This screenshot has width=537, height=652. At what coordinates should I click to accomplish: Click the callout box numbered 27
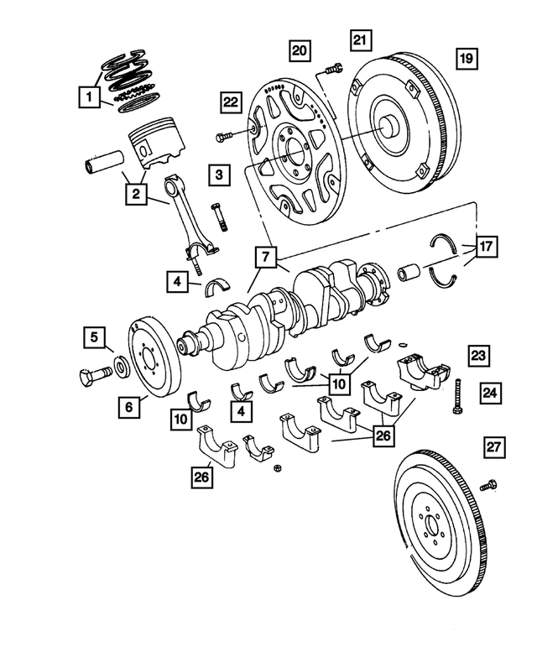(x=495, y=449)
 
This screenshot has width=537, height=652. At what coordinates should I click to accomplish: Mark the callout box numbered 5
(x=95, y=340)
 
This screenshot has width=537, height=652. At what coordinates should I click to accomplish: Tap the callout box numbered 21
(x=360, y=40)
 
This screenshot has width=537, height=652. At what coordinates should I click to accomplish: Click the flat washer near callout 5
(x=120, y=367)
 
